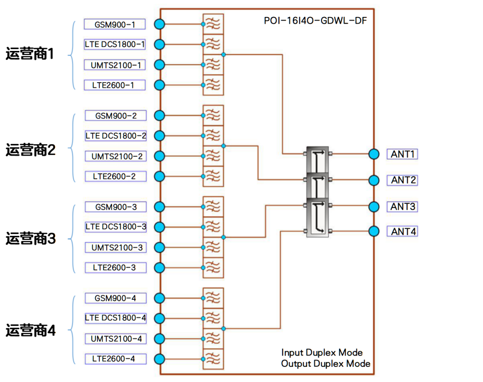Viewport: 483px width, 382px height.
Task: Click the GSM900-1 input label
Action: tap(115, 25)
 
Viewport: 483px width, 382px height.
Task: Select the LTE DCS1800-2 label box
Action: tap(116, 135)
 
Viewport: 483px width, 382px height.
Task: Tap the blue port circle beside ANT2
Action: tap(374, 180)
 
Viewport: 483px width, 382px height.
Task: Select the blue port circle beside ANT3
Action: tap(374, 206)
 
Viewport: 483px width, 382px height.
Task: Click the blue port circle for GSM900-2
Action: tap(159, 116)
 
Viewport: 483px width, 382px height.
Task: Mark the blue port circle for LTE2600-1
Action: tap(159, 85)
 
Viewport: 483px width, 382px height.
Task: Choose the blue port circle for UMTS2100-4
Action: tap(159, 339)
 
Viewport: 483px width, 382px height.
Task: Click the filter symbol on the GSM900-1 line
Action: tap(213, 24)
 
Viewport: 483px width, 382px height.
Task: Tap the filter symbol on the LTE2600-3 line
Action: tap(213, 268)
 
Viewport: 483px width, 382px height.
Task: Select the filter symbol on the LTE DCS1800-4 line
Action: tap(213, 318)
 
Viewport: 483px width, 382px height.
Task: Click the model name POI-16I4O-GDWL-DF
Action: tap(313, 20)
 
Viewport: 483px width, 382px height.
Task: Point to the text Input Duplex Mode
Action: tap(322, 352)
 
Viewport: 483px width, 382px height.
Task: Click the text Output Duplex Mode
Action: tap(326, 364)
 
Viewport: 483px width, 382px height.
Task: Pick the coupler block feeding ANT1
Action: tap(318, 160)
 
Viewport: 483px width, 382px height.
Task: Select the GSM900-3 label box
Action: tap(116, 207)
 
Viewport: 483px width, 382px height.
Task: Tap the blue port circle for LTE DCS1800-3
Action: tap(159, 227)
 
